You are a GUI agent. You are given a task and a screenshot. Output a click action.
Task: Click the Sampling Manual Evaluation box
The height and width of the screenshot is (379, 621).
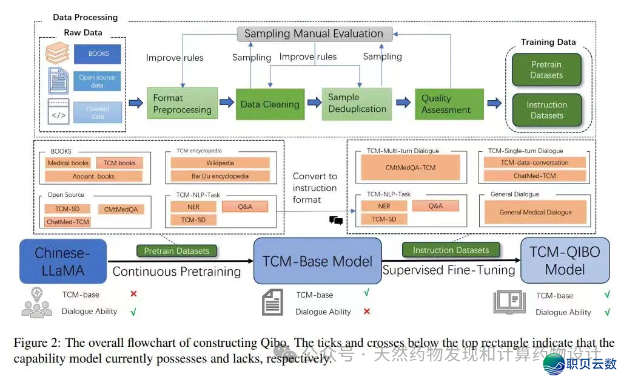click(x=314, y=34)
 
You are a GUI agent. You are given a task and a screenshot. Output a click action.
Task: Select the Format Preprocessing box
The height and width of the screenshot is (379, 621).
click(x=182, y=103)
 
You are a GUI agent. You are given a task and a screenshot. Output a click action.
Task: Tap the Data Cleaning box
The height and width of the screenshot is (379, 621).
click(x=270, y=104)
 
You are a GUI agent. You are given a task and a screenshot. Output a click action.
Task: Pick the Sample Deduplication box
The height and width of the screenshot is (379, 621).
click(x=357, y=103)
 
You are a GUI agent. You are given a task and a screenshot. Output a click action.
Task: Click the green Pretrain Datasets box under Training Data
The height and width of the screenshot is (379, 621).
click(x=546, y=70)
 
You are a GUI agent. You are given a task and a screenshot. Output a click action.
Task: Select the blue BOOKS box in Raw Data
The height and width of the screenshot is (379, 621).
click(x=98, y=54)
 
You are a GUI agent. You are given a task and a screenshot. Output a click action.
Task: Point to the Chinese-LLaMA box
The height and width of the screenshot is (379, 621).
click(x=62, y=261)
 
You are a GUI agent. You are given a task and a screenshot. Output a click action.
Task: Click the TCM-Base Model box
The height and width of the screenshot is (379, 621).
click(x=317, y=261)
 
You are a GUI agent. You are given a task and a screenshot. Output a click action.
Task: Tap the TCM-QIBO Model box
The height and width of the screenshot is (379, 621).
click(x=565, y=261)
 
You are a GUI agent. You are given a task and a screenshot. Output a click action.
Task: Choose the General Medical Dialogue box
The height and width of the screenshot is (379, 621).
click(x=535, y=213)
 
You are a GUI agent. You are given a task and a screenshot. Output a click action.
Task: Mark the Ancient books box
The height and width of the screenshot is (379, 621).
click(x=93, y=176)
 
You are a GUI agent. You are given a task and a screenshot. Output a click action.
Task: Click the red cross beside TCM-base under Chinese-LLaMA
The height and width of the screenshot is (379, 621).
click(x=133, y=294)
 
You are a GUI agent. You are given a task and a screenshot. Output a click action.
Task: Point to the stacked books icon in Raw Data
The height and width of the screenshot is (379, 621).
click(x=58, y=53)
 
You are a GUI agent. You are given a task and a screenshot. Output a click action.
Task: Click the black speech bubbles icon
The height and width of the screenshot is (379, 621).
click(x=336, y=220)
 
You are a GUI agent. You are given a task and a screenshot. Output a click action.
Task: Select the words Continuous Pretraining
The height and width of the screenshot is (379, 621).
click(x=176, y=271)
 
